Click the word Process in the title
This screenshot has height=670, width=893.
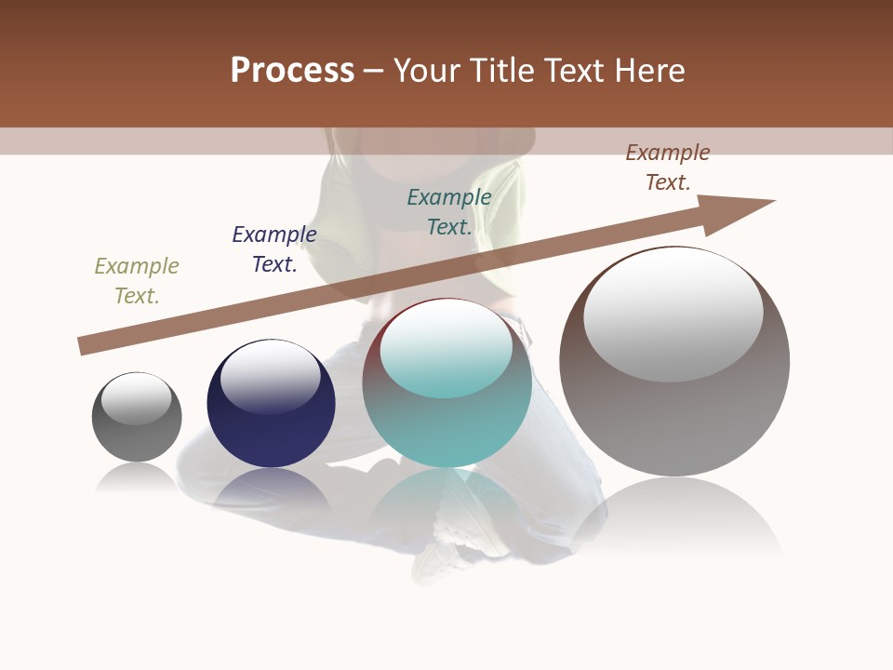tap(292, 71)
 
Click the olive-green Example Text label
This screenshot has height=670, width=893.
tap(137, 281)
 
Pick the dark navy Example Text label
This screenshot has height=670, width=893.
tap(274, 249)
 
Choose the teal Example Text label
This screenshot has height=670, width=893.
tap(449, 212)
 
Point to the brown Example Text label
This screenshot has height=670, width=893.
tap(668, 167)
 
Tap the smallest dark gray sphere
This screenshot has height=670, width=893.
tap(137, 437)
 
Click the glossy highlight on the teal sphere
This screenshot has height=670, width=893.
tap(446, 347)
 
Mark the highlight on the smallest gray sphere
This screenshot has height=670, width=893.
tap(137, 397)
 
